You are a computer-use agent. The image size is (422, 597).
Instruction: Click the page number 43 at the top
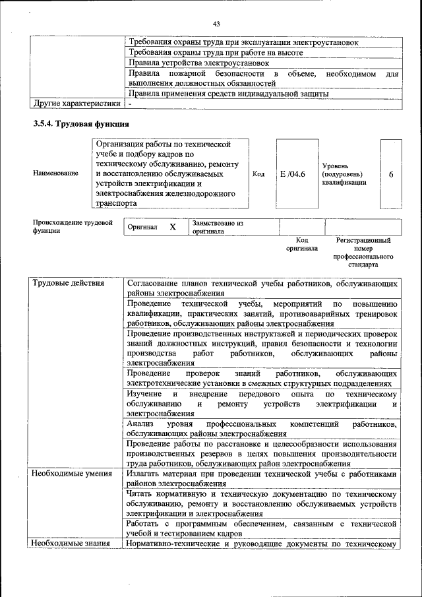216,24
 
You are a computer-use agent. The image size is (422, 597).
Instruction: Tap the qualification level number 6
391,174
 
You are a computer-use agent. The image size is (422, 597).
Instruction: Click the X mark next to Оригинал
173,227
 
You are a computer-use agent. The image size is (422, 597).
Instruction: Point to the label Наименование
55,173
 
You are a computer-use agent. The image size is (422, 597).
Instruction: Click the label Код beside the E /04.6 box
258,174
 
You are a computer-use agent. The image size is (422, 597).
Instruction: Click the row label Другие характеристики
76,104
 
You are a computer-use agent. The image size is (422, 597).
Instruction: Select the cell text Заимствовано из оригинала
218,228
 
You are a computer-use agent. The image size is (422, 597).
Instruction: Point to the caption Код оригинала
301,245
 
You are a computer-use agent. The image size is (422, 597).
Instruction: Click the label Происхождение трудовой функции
73,227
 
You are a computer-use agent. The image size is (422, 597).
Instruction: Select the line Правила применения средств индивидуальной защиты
227,94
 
